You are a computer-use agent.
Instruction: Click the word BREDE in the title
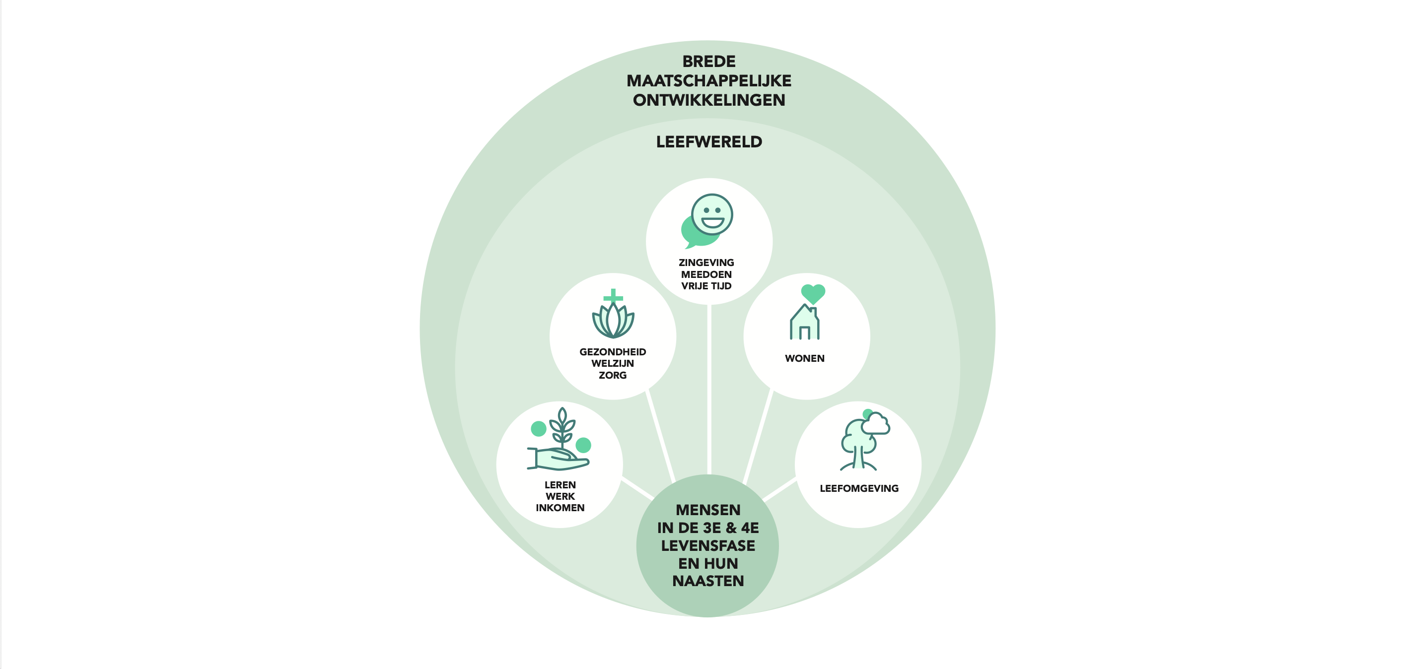coord(708,62)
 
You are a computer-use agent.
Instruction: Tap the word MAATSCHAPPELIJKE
coord(708,81)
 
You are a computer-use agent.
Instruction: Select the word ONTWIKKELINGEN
coord(708,100)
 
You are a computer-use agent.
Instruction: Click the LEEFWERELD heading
coord(708,142)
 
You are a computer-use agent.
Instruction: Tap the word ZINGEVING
coord(706,263)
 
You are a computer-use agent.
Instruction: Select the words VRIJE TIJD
coord(706,286)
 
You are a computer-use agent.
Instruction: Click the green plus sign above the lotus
coord(613,296)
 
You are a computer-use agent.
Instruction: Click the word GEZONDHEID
coord(613,352)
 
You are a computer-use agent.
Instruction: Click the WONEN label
coord(804,358)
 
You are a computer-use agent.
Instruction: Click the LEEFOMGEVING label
coord(858,488)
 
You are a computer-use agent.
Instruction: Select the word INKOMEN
coord(560,508)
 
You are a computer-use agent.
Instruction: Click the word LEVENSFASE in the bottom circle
coord(708,546)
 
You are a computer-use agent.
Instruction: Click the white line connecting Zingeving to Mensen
coord(708,388)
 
